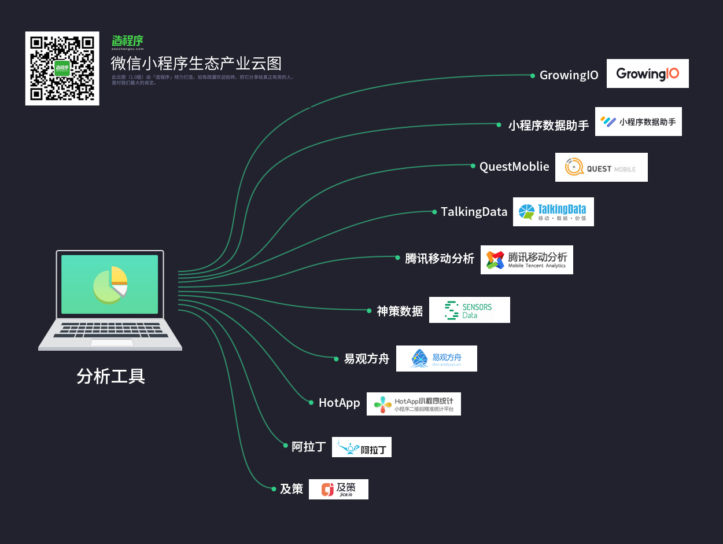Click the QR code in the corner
click(x=62, y=68)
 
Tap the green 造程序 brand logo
click(x=127, y=41)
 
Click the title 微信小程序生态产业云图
click(x=196, y=63)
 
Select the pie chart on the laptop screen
click(x=110, y=284)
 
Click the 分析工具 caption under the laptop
click(x=110, y=376)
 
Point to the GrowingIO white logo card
click(x=647, y=73)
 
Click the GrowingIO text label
click(x=569, y=75)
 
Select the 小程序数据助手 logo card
click(x=638, y=122)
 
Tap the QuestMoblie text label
click(x=514, y=167)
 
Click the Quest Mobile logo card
click(x=601, y=167)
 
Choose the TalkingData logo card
click(x=553, y=212)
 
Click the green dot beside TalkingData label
click(x=434, y=212)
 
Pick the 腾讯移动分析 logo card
click(x=526, y=260)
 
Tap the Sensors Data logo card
click(x=469, y=310)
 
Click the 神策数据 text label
click(x=400, y=311)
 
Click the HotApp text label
click(x=339, y=403)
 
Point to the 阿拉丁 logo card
click(x=361, y=447)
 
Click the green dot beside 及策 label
click(x=274, y=489)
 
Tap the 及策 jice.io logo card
click(x=338, y=490)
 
